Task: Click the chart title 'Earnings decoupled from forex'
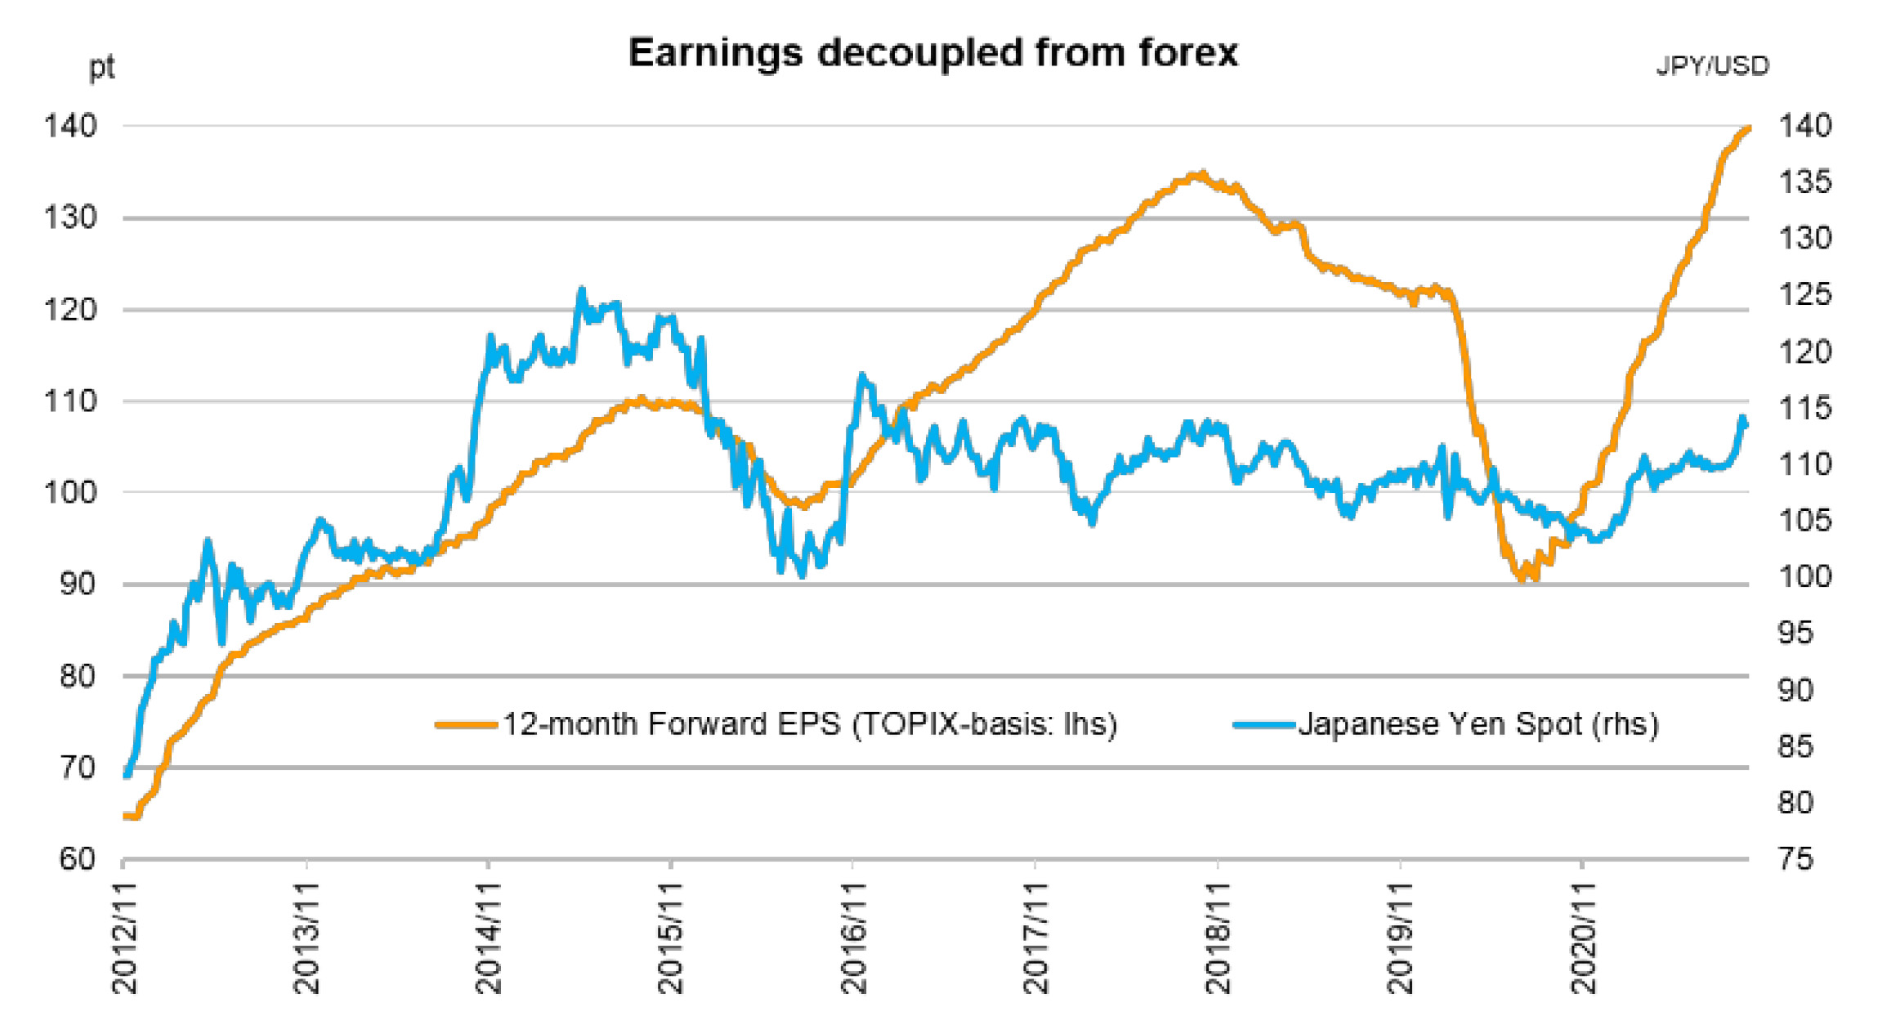932,53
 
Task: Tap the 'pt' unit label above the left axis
101,67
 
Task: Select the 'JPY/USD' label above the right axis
1712,65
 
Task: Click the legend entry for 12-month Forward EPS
808,724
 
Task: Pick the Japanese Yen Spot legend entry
1478,724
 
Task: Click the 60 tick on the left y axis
78,859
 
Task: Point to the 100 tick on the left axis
69,493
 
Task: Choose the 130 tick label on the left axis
69,218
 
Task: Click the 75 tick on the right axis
1795,859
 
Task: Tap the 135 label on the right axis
1804,182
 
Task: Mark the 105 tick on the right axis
1804,521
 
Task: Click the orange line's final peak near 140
1747,128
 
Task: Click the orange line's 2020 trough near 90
1522,578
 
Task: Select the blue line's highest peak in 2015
582,289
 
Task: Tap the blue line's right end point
1746,423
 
